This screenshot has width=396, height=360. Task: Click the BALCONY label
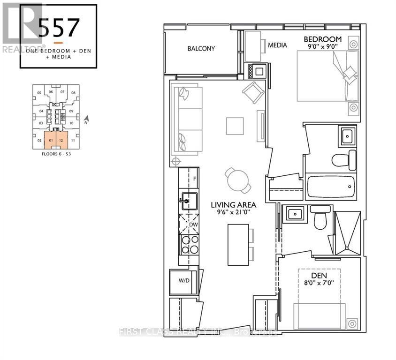pos(201,48)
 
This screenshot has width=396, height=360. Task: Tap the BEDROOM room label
pos(322,38)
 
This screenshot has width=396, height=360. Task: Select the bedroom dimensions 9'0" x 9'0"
pos(322,47)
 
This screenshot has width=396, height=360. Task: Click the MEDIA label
pos(277,45)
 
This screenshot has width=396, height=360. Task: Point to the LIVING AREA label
pos(233,205)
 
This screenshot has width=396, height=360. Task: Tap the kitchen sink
pos(187,202)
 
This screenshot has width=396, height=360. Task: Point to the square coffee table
pos(235,126)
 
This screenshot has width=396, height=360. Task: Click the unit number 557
pos(58,29)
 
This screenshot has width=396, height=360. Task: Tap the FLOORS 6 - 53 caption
pos(56,153)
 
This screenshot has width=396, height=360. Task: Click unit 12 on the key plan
pos(61,140)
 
